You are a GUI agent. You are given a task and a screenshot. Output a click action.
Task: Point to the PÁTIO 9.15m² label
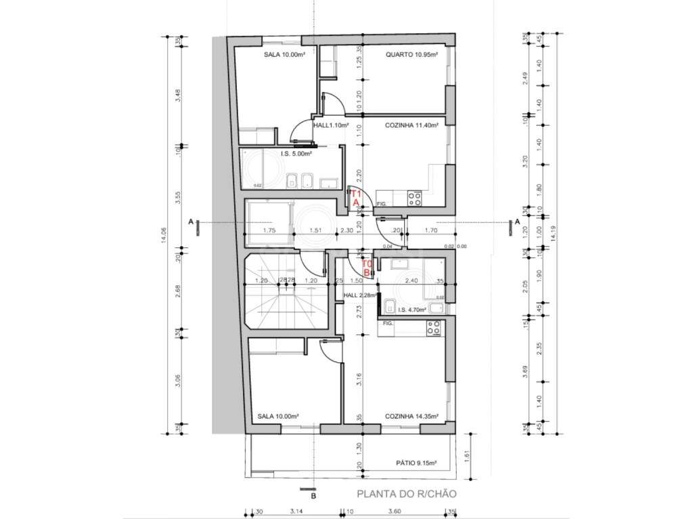tap(416, 464)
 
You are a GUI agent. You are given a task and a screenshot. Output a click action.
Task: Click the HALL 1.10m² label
tap(331, 126)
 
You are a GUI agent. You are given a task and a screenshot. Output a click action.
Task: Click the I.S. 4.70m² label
tap(411, 310)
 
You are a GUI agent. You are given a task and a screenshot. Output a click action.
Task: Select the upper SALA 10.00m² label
tap(284, 55)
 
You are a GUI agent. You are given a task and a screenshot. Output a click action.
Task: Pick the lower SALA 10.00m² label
tap(278, 417)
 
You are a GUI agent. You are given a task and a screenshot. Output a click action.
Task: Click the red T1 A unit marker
tap(354, 197)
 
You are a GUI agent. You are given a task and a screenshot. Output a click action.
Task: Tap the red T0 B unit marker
tap(367, 268)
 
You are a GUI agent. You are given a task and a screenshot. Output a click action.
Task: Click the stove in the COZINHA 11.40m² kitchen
tap(414, 198)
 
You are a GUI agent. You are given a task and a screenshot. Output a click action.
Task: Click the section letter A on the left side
tap(192, 222)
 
